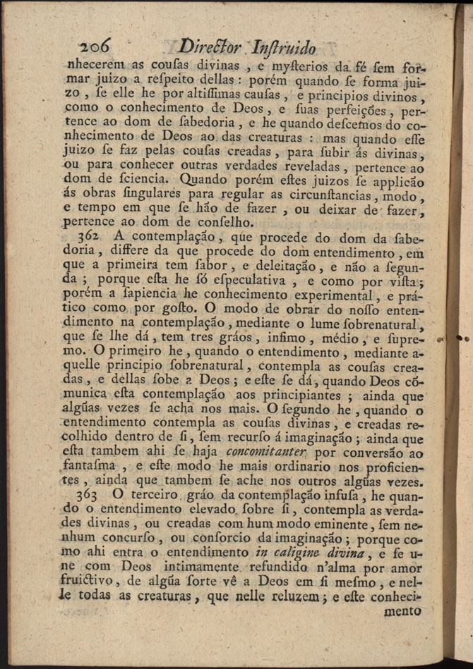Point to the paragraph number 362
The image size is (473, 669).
point(87,235)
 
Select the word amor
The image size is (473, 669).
point(405,567)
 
